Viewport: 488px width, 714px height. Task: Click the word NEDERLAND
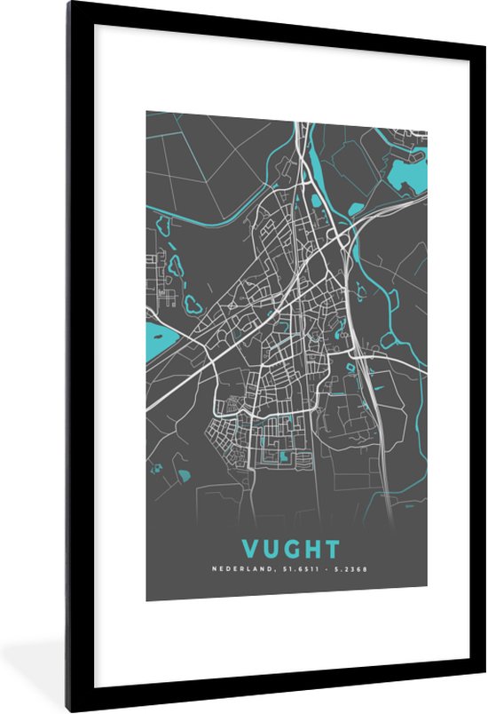[x=240, y=569]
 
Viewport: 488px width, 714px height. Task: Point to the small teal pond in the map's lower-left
[x=184, y=475]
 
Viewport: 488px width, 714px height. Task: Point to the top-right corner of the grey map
[x=426, y=113]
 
